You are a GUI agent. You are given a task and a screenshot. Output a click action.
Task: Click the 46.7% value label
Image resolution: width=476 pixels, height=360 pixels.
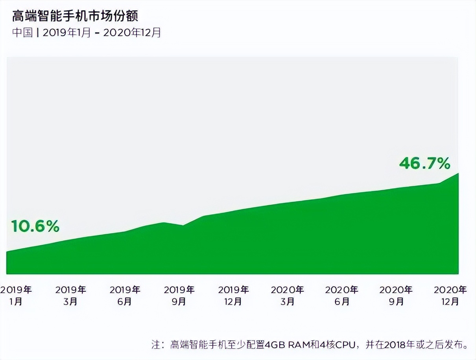coord(424,163)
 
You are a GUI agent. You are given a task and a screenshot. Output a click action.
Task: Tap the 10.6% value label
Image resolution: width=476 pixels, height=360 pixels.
coord(35,226)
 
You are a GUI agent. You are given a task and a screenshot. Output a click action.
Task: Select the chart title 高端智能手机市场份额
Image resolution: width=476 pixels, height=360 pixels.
coord(75,16)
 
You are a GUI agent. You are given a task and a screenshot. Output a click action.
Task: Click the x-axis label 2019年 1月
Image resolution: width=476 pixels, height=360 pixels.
coord(16,296)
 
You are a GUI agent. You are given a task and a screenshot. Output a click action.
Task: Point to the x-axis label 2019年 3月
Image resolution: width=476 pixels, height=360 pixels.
coord(70,296)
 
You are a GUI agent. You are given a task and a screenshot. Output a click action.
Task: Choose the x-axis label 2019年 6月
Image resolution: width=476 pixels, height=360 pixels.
coord(125,296)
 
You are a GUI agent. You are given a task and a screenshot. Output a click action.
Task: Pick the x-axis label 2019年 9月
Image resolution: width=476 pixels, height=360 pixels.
coord(179,296)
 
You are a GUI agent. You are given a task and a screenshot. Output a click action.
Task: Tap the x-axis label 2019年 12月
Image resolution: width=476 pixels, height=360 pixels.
coord(233,296)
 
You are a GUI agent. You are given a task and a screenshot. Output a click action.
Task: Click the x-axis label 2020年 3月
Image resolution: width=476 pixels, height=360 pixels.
coord(288,296)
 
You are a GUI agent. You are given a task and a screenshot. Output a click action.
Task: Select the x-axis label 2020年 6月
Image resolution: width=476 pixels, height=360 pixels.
coord(342,296)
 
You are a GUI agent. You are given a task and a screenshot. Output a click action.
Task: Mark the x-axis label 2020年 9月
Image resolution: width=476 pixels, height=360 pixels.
coord(396,296)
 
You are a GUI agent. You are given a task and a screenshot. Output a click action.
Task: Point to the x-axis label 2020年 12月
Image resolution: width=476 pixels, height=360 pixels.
coord(450,296)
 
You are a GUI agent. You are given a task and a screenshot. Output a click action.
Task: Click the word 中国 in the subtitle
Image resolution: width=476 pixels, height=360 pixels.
coord(22,33)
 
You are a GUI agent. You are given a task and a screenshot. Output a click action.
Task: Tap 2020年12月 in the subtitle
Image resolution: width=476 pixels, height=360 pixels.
coord(132,33)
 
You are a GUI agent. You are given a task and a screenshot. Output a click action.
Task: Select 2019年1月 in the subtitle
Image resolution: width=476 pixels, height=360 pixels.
coord(66,33)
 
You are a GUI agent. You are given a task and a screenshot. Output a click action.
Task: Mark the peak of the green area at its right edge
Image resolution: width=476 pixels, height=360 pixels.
coord(458,174)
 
